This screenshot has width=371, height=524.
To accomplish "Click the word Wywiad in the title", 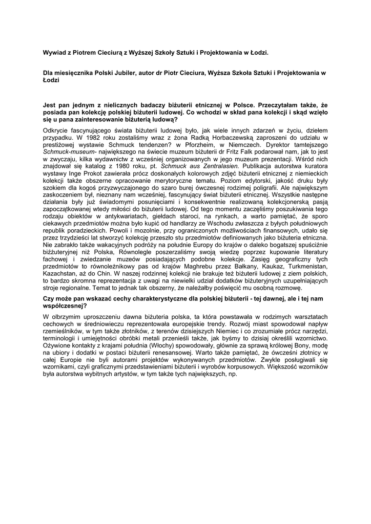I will click(55, 52).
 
